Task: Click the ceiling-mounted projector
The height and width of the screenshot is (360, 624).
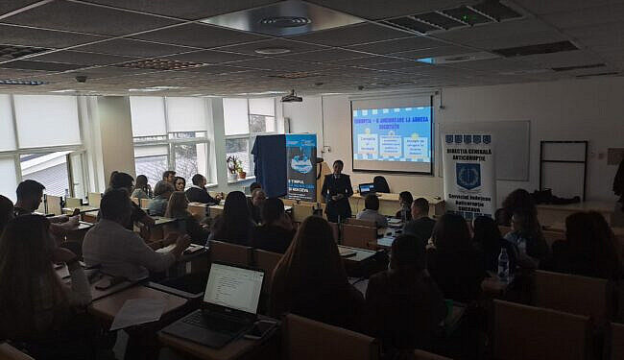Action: tap(291, 97)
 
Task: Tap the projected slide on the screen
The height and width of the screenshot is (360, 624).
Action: tap(391, 135)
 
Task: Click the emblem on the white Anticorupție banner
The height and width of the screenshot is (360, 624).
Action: tap(468, 175)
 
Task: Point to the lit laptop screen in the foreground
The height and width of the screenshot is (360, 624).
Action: tap(233, 287)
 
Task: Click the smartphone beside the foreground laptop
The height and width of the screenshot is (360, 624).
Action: tap(260, 330)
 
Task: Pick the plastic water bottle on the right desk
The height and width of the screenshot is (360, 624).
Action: tap(502, 263)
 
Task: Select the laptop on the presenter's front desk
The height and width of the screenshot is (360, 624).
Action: tap(365, 188)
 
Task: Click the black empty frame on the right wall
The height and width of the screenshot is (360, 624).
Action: tap(563, 169)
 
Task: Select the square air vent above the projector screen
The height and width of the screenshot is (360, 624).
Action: tap(284, 21)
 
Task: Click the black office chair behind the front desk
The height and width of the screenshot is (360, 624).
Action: tap(381, 184)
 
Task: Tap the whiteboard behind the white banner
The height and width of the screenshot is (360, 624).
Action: tap(512, 150)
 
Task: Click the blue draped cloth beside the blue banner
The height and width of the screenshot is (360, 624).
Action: tap(269, 164)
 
